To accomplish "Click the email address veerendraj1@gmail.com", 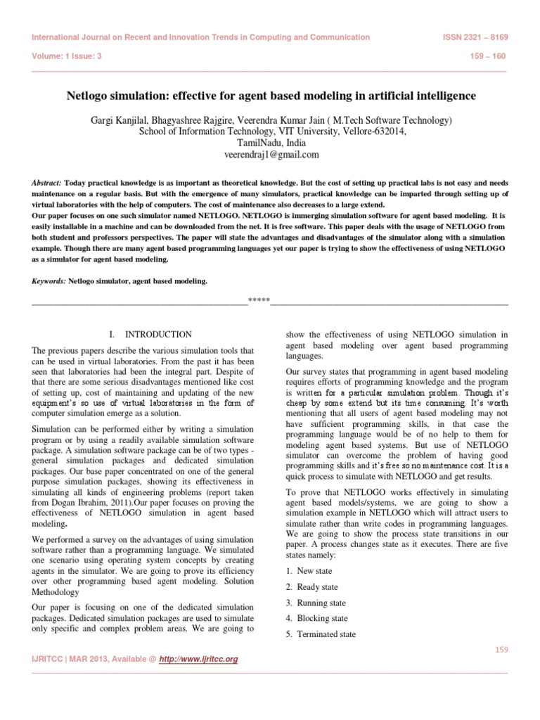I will (271, 155).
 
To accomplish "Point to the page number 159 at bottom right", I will (500, 649).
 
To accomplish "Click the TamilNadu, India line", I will (271, 143).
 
